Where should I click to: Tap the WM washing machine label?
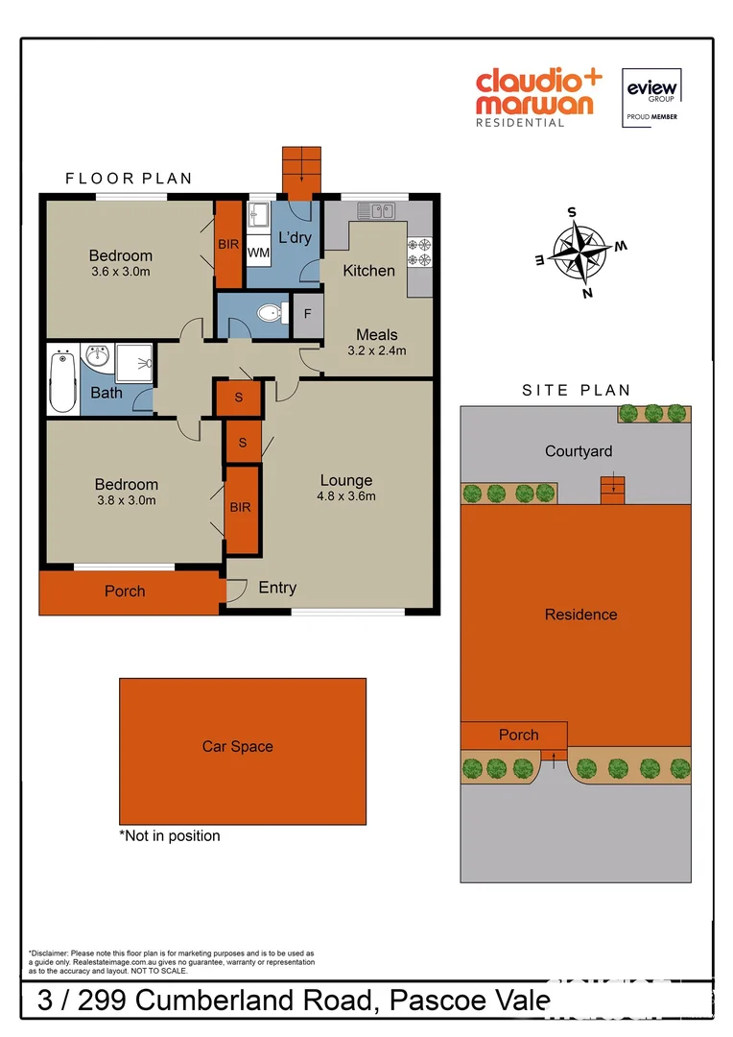point(258,253)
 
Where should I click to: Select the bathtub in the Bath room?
point(62,381)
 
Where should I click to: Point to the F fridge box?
point(308,313)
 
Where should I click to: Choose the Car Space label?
point(237,746)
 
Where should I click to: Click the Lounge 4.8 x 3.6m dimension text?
point(346,496)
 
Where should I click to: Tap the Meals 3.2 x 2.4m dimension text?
point(376,350)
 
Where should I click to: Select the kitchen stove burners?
point(419,252)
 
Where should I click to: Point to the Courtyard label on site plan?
point(579,451)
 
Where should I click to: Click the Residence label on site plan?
point(580,615)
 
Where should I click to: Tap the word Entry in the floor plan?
point(277,588)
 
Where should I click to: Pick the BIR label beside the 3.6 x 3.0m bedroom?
point(228,245)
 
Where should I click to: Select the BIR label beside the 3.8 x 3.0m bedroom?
point(240,507)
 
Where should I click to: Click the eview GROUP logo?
point(652,93)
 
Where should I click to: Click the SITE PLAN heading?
point(576,391)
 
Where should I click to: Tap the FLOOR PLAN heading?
point(129,179)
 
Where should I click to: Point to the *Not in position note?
point(170,836)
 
